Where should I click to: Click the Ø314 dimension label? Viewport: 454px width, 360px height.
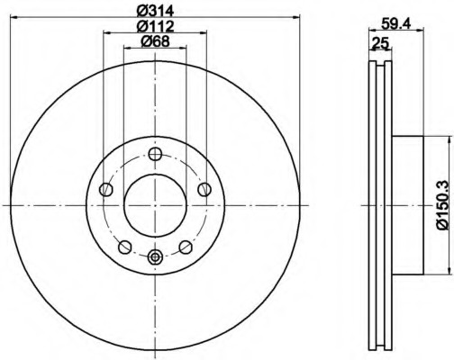155,12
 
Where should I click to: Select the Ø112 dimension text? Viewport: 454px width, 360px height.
155,26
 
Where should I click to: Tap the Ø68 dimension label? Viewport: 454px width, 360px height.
155,41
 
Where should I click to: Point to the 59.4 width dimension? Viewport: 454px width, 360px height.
395,23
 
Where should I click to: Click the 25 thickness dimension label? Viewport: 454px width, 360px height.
380,43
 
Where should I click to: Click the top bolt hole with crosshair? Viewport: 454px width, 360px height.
155,154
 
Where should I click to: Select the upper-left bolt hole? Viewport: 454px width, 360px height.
105,190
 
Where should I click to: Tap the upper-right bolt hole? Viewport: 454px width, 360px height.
204,190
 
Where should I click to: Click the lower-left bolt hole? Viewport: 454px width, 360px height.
125,247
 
